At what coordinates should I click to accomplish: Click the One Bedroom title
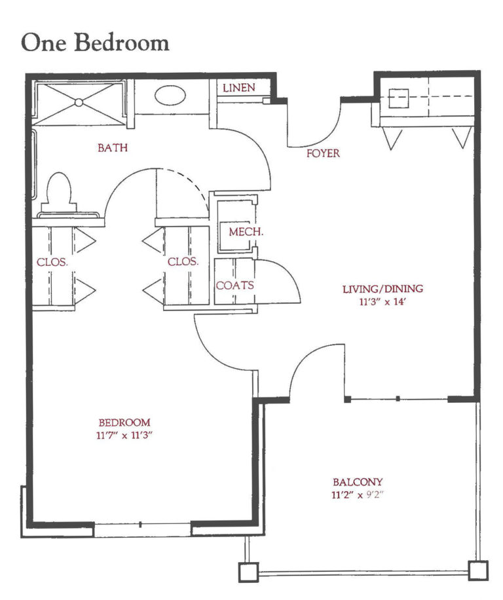[x=95, y=42]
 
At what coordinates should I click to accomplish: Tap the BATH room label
[x=113, y=148]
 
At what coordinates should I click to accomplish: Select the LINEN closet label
[x=238, y=88]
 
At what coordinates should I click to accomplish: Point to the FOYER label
[x=324, y=153]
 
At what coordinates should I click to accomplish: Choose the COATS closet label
[x=234, y=286]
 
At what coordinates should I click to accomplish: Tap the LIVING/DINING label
[x=383, y=288]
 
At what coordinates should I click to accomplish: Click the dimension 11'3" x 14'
[x=383, y=302]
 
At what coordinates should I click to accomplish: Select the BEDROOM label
[x=124, y=422]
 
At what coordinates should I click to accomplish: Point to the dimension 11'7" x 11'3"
[x=124, y=435]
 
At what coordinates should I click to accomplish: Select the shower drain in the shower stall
[x=79, y=102]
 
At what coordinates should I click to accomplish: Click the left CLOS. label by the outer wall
[x=52, y=261]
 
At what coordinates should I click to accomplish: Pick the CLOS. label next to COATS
[x=183, y=261]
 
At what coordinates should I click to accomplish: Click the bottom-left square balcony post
[x=248, y=572]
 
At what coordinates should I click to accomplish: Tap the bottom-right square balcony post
[x=478, y=571]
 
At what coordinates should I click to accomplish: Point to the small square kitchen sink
[x=400, y=99]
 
